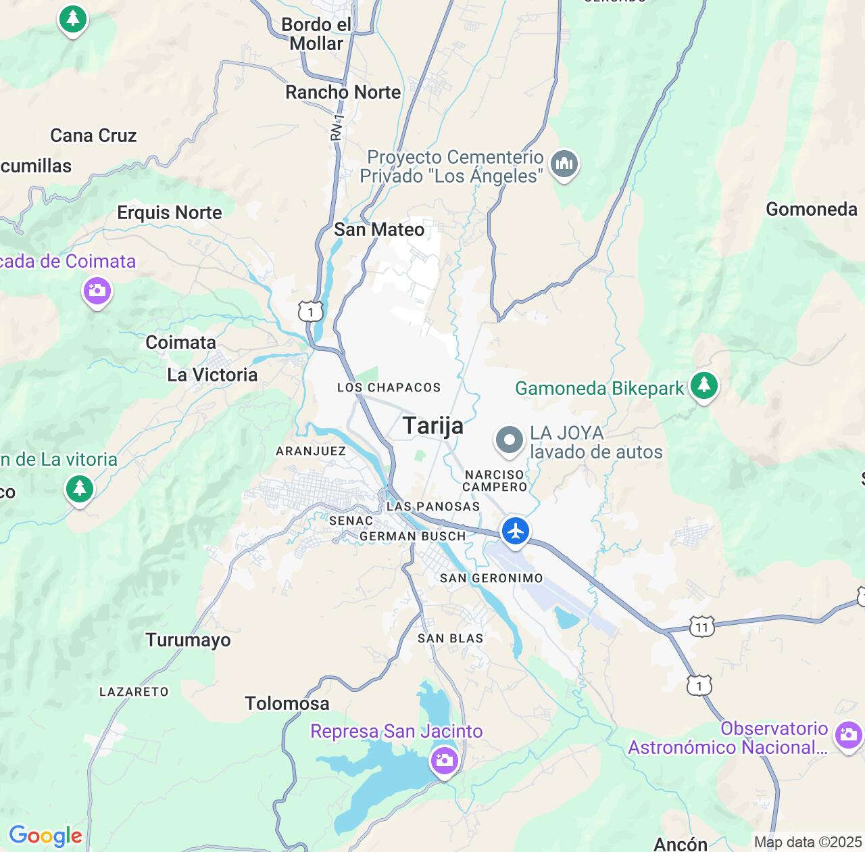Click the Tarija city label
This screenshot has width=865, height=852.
433,426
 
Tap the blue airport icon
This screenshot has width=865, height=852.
516,531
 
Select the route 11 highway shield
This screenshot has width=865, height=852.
702,627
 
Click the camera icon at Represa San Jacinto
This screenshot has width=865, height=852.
444,760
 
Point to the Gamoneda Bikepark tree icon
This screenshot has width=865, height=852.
703,385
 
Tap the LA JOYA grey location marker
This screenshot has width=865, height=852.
510,441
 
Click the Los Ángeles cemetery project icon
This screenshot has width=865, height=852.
564,164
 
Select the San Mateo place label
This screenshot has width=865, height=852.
379,230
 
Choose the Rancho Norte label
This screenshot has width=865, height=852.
343,93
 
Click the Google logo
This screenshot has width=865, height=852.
45,836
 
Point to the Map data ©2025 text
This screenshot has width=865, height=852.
808,843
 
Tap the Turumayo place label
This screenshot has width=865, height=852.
188,640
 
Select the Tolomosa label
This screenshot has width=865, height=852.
287,704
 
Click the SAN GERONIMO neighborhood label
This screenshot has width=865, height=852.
491,578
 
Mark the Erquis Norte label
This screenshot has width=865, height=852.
170,213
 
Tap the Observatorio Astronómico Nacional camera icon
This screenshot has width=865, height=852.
847,734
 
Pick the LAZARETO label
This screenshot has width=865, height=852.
134,692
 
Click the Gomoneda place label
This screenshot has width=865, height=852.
811,210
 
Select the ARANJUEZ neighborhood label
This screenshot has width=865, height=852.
311,451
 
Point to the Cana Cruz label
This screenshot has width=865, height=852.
93,136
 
